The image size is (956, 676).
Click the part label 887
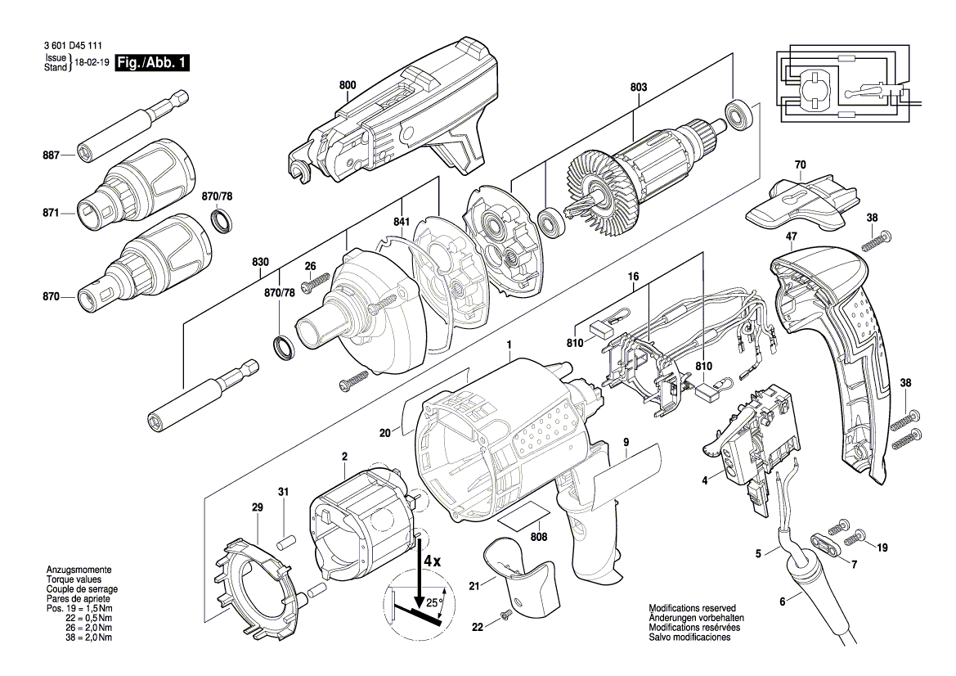(53, 155)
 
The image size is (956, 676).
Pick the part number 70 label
(800, 165)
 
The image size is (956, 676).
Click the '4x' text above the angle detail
(433, 561)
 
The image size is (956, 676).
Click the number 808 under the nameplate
(539, 538)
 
